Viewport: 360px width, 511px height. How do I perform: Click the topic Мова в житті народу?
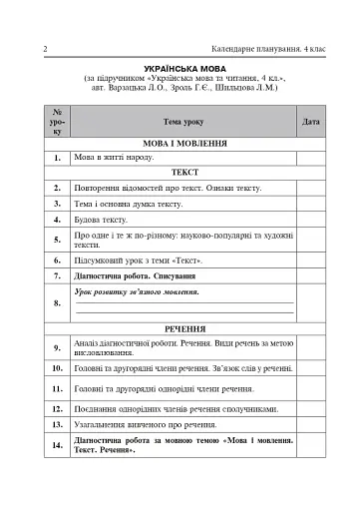click(x=111, y=158)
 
